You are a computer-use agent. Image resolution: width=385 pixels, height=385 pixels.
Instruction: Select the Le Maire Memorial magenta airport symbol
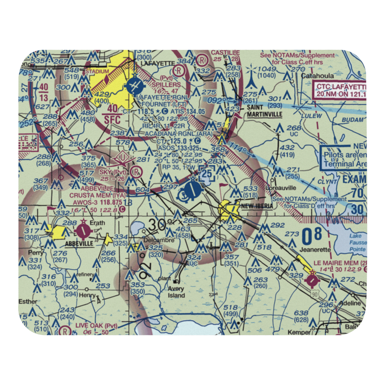pyautogui.click(x=311, y=280)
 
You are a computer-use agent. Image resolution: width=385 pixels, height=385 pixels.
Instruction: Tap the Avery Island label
pyautogui.click(x=176, y=292)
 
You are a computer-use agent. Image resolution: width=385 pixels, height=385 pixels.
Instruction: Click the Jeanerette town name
pyautogui.click(x=315, y=249)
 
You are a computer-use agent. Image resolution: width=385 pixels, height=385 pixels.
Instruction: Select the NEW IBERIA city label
pyautogui.click(x=257, y=206)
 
